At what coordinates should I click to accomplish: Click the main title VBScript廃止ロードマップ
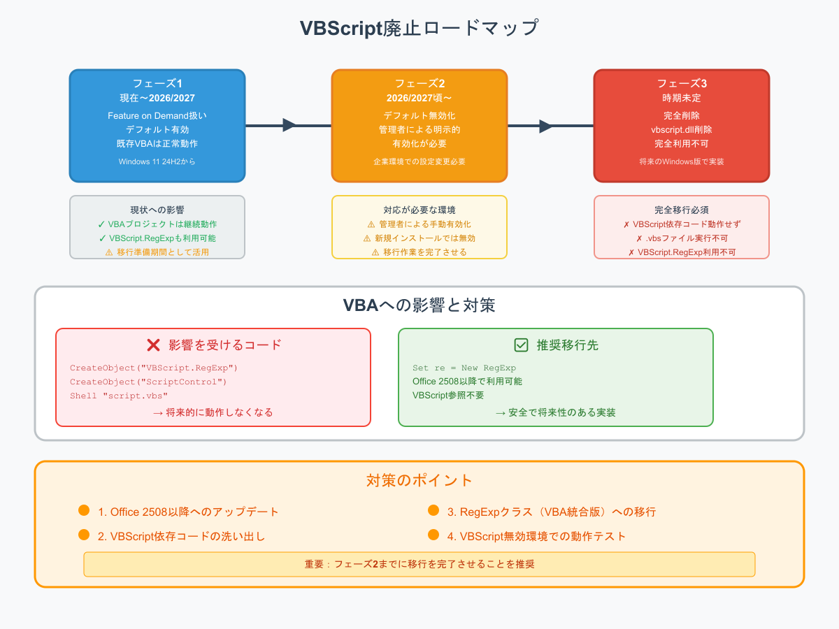[419, 29]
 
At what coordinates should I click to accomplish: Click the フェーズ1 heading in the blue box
[157, 84]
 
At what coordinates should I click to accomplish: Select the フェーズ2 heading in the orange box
[419, 84]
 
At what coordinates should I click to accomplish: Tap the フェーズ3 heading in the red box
[682, 84]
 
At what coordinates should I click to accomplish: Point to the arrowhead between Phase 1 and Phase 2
[289, 125]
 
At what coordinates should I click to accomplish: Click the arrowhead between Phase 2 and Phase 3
[546, 126]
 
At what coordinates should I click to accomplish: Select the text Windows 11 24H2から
[157, 161]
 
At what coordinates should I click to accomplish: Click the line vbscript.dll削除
[682, 129]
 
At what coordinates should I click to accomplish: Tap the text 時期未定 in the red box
[682, 98]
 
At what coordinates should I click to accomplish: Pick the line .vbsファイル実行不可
[682, 238]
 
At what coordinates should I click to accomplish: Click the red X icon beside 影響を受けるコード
[154, 345]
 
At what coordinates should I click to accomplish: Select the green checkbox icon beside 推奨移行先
[521, 345]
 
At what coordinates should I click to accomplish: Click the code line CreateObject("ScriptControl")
[148, 382]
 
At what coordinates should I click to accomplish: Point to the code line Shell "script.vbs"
[119, 396]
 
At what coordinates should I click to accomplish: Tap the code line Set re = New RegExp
[464, 368]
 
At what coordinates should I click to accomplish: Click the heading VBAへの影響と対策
[419, 305]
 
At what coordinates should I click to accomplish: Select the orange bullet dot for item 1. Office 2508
[84, 511]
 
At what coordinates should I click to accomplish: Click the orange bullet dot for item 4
[433, 535]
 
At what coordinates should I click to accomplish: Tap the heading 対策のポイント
[419, 480]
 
